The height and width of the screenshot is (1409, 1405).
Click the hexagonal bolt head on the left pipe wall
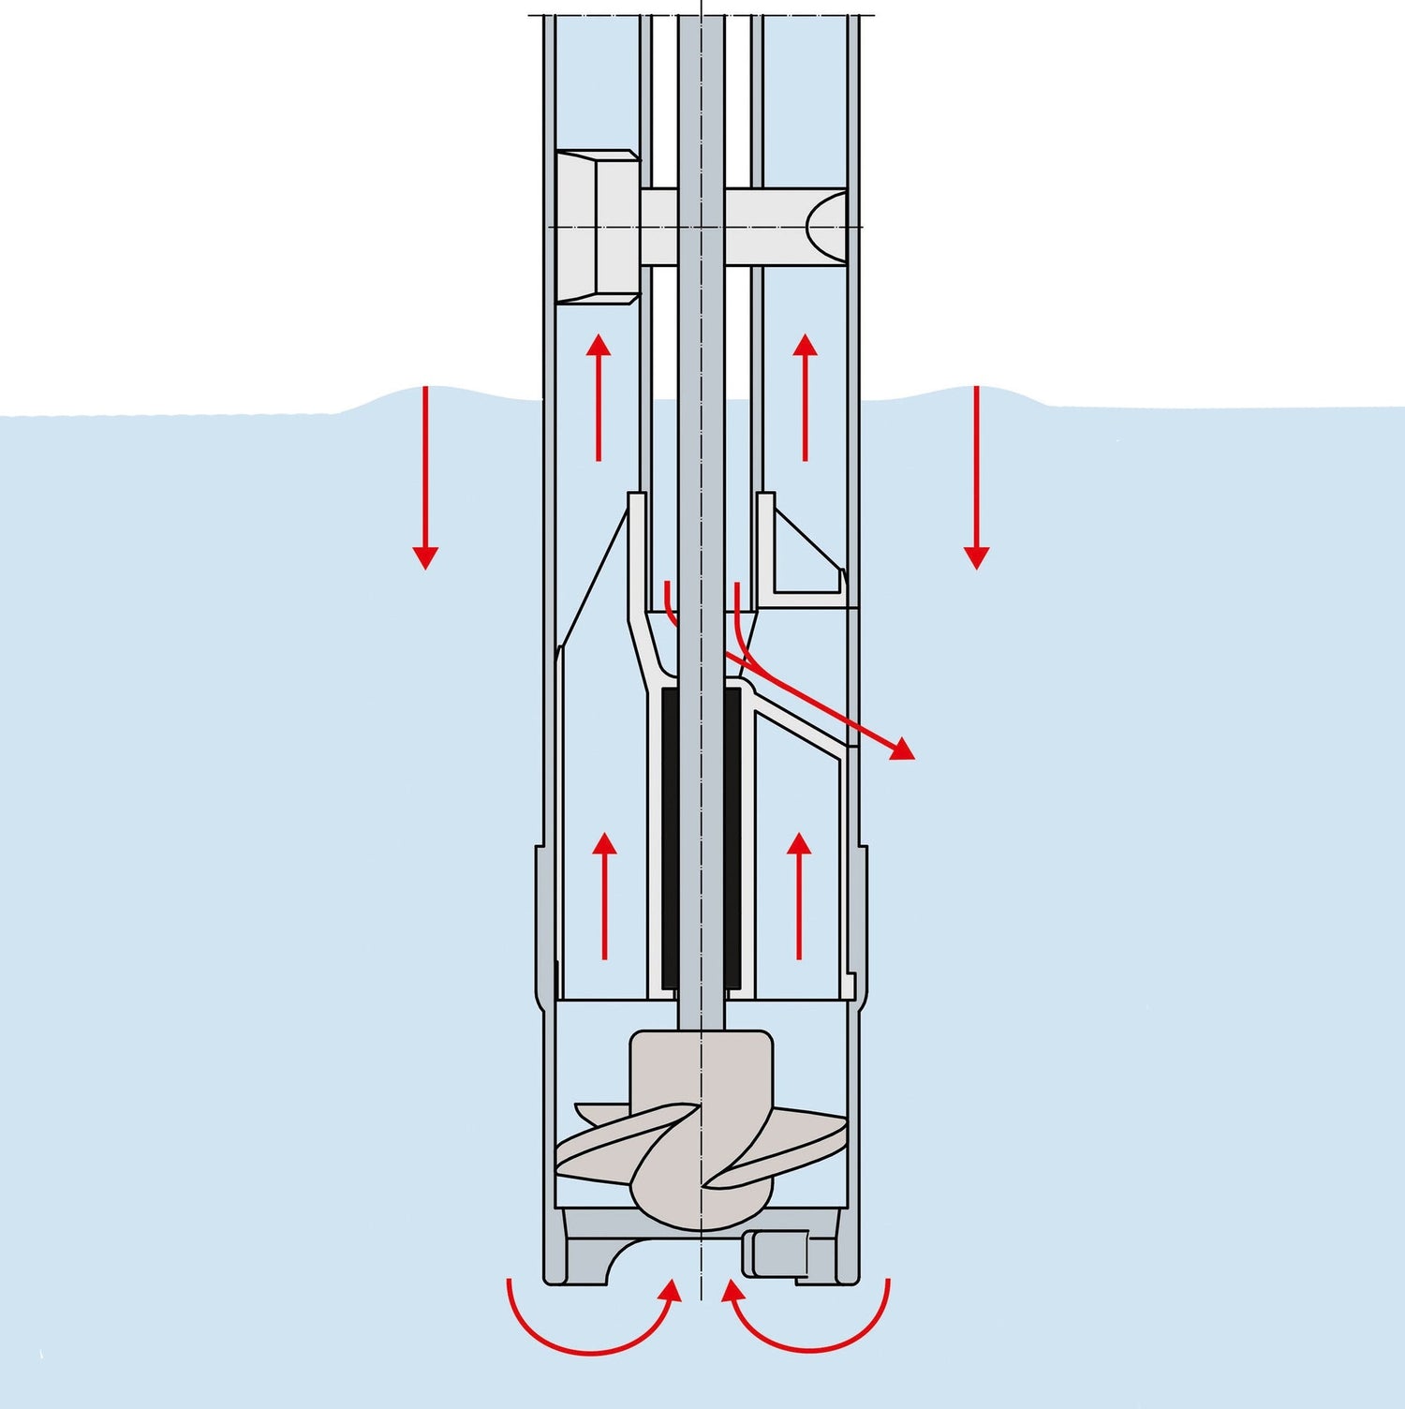[597, 227]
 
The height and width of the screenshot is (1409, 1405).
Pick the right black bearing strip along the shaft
[733, 838]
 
